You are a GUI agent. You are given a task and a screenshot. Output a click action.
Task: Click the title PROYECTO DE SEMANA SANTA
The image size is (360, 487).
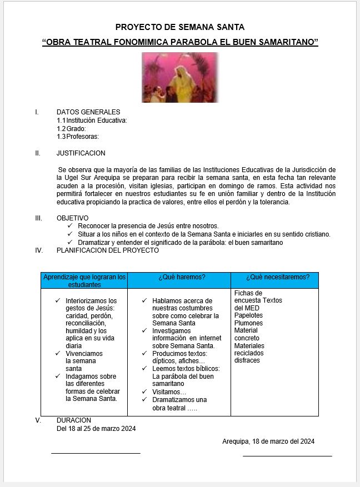click(x=179, y=27)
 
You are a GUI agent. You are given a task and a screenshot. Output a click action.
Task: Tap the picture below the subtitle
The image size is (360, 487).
click(x=180, y=78)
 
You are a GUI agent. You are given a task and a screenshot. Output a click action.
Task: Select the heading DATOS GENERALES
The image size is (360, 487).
click(x=88, y=112)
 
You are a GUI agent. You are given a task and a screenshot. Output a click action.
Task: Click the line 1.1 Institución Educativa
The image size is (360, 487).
click(x=92, y=121)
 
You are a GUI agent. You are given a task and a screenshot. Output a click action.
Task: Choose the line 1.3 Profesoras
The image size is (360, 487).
click(x=78, y=137)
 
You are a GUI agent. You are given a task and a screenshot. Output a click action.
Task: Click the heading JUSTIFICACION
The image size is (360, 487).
click(x=81, y=153)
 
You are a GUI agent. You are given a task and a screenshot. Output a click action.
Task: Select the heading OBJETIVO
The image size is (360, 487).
click(x=72, y=218)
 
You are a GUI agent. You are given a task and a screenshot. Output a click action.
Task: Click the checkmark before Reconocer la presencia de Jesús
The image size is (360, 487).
click(x=69, y=226)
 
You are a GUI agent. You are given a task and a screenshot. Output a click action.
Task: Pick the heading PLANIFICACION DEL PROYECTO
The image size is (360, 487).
click(x=107, y=250)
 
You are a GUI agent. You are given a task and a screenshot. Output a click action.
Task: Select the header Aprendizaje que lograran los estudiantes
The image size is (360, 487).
click(x=84, y=280)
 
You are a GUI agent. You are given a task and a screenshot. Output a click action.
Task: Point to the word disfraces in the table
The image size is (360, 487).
click(x=247, y=360)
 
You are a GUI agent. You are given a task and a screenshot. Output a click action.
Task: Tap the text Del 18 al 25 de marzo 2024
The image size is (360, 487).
click(x=96, y=429)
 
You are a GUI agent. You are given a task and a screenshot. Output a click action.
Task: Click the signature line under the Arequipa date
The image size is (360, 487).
click(x=287, y=456)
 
